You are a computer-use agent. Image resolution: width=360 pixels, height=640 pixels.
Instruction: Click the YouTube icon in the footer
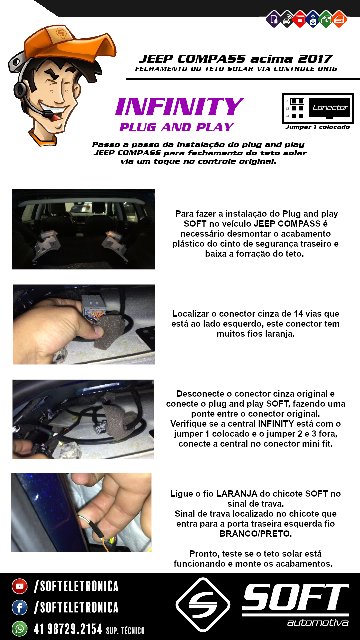(x=20, y=586)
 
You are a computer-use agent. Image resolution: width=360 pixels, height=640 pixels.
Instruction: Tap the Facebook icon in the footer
(x=20, y=607)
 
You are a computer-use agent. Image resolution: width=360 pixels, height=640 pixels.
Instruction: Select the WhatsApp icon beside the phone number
(x=20, y=629)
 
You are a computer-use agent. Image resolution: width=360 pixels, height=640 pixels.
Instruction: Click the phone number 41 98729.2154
(x=68, y=629)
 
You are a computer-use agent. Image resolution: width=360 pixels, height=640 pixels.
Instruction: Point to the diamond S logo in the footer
(x=203, y=605)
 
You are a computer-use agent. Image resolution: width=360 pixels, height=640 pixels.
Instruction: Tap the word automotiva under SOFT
(x=318, y=623)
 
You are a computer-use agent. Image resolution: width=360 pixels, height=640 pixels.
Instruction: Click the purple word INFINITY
(x=180, y=106)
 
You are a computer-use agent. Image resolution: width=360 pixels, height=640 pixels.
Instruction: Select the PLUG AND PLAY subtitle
(x=176, y=127)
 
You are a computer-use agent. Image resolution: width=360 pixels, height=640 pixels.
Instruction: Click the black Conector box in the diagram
(x=330, y=108)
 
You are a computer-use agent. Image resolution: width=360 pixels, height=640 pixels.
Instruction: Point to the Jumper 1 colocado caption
(x=318, y=127)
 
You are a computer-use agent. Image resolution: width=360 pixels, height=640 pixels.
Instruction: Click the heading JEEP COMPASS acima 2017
(x=236, y=59)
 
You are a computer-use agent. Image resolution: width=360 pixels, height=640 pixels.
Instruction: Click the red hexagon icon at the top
(x=300, y=19)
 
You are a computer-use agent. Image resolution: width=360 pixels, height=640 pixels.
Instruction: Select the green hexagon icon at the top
(x=326, y=19)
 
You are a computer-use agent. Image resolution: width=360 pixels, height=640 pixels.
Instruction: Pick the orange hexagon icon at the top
(x=339, y=19)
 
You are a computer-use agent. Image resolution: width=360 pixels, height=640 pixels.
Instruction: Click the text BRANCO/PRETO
(x=255, y=534)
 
